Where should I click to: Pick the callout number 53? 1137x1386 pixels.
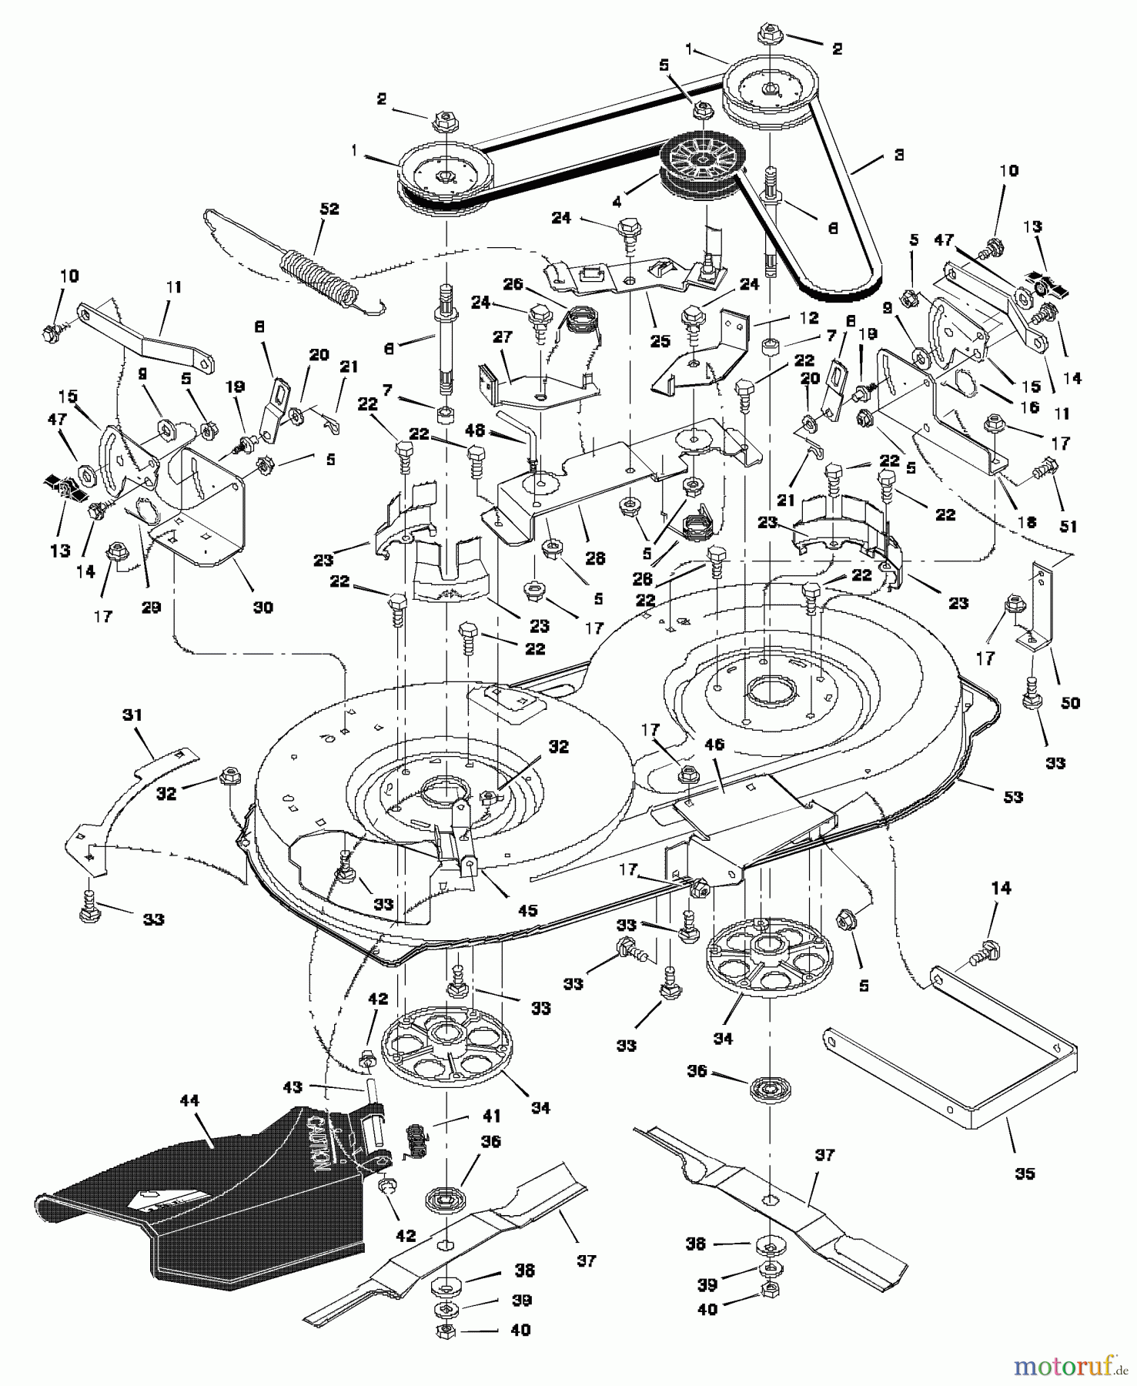(1013, 796)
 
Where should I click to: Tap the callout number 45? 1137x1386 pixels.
(527, 910)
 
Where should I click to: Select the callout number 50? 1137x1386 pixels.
(1070, 702)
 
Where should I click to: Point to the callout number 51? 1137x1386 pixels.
(1068, 527)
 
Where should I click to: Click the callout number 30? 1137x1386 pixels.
(263, 607)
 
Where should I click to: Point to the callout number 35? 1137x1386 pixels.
(1025, 1173)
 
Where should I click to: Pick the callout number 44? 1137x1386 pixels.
(189, 1101)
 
